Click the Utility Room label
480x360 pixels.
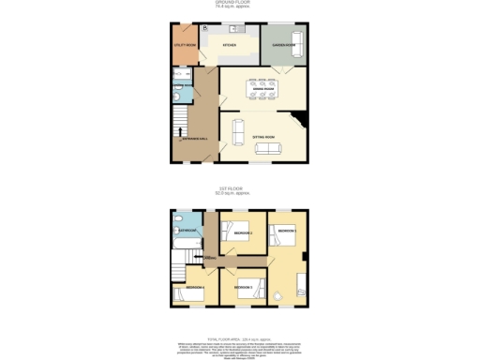click(185, 45)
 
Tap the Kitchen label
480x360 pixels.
click(229, 45)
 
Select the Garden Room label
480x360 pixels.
click(284, 45)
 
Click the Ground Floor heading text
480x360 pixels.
click(240, 3)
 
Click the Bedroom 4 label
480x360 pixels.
click(194, 286)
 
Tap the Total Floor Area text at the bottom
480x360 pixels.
click(240, 336)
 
